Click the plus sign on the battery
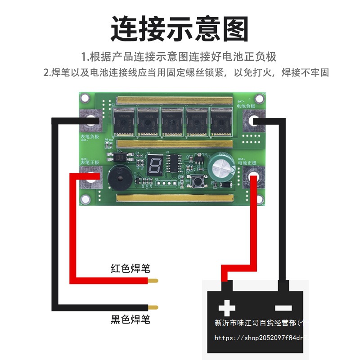(x=226, y=308)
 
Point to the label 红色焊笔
(x=130, y=269)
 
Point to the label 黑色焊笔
(x=130, y=320)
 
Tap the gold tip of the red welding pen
(x=153, y=281)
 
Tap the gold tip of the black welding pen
(x=153, y=308)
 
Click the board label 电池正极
(x=247, y=162)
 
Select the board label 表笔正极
(x=89, y=162)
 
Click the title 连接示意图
(x=180, y=29)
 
